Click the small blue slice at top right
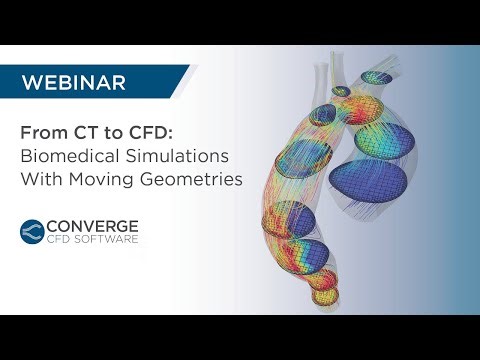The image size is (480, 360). point(379,77)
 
